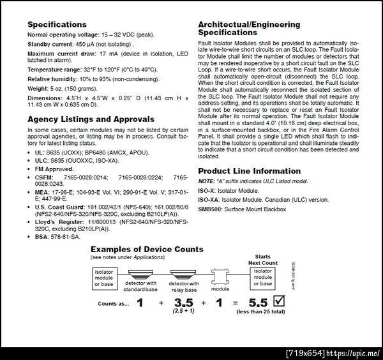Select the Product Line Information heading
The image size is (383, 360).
(x=249, y=171)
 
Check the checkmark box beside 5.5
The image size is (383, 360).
(x=278, y=300)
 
